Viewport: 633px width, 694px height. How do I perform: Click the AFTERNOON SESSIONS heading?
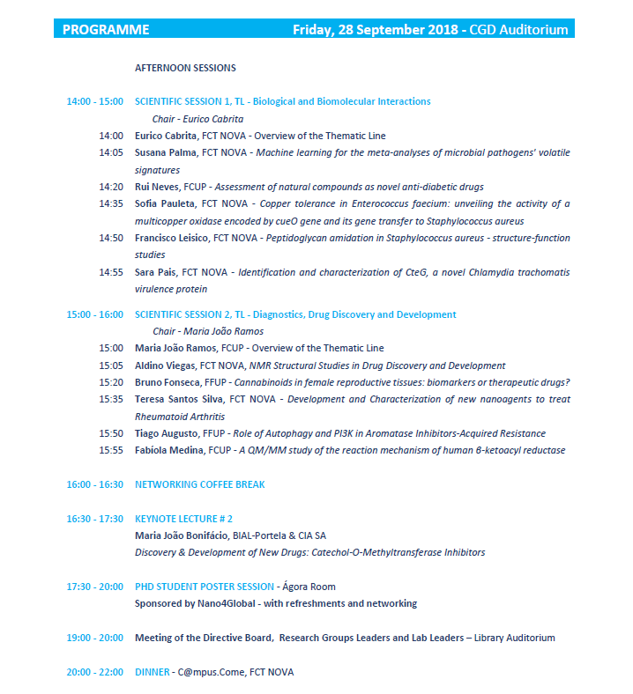(x=185, y=68)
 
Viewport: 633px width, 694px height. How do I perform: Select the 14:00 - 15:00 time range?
(x=95, y=102)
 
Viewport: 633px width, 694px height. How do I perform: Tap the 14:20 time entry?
(x=111, y=187)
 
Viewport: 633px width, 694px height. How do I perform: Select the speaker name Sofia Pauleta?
(x=166, y=203)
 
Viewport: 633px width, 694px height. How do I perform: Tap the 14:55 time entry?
(x=111, y=272)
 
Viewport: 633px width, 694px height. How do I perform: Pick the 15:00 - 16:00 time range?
(x=95, y=314)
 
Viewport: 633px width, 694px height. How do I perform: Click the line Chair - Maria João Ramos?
(x=208, y=331)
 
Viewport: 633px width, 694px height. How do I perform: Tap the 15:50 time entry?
(x=111, y=433)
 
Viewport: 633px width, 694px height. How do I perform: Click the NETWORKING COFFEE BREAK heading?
(x=199, y=484)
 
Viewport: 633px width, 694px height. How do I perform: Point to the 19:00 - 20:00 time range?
(x=95, y=638)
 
